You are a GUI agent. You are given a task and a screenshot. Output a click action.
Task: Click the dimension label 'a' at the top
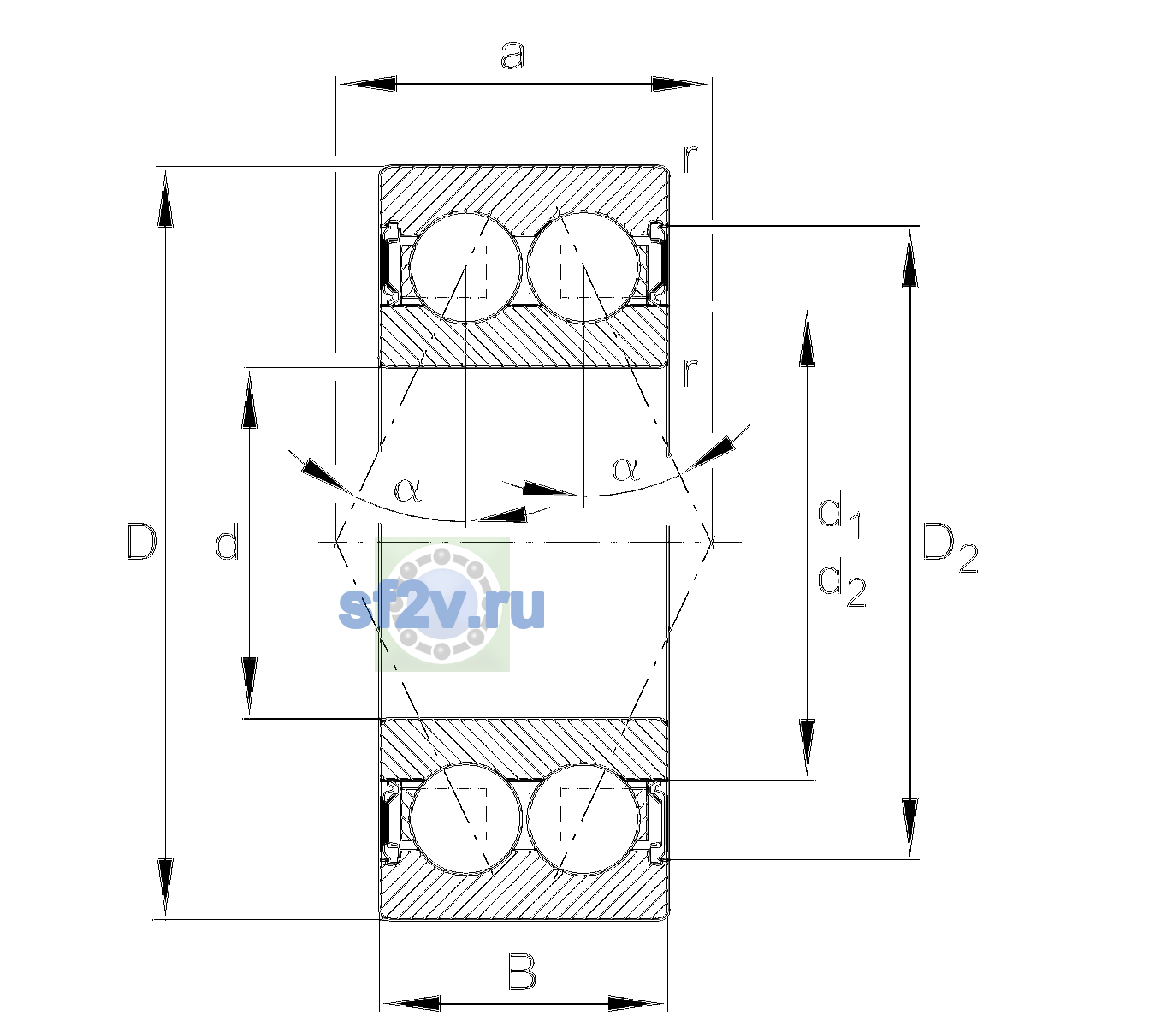[x=512, y=56]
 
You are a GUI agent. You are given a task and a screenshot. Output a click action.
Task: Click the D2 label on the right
[x=950, y=548]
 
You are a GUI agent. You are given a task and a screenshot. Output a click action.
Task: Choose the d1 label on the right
[x=839, y=515]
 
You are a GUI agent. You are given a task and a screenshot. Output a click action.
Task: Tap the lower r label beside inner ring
[x=690, y=371]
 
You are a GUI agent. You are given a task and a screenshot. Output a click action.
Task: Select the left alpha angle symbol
[x=408, y=490]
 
